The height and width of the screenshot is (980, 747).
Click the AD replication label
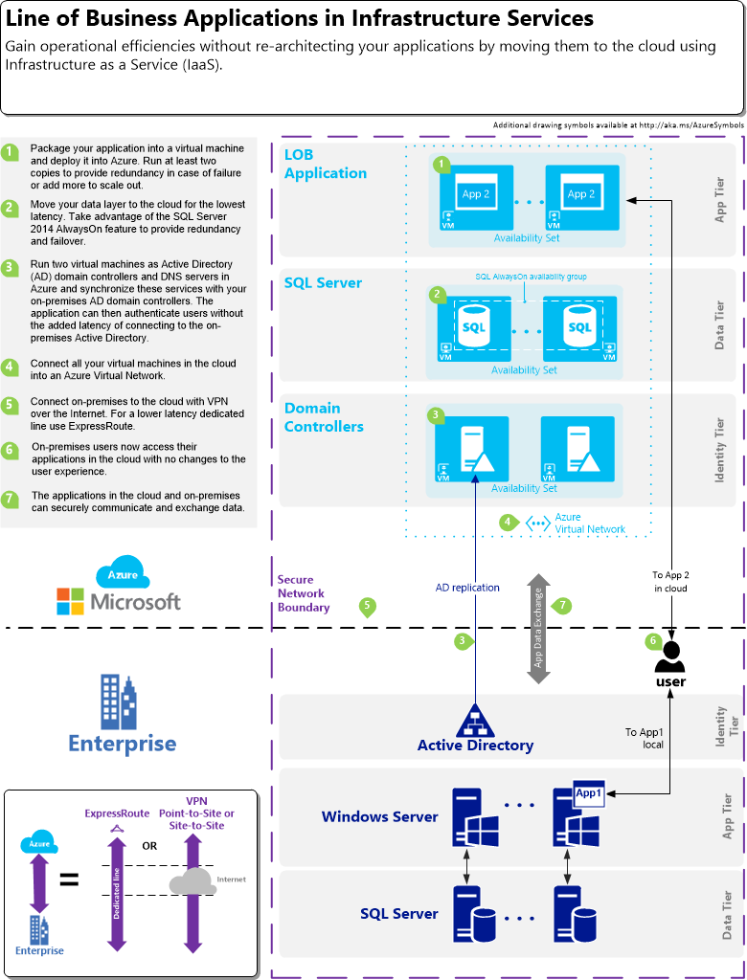click(467, 588)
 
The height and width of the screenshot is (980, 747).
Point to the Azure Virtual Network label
click(590, 523)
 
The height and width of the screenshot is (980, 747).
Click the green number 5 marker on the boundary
click(366, 607)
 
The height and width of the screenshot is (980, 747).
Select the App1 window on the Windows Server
click(587, 793)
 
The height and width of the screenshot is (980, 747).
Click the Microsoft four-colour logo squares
click(70, 601)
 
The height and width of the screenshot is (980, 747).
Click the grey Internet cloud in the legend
click(192, 879)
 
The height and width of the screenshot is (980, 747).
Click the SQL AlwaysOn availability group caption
click(531, 277)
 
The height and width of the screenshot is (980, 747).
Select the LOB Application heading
click(326, 164)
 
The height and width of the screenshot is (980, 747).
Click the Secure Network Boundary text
click(304, 593)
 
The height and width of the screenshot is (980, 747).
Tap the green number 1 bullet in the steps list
click(10, 153)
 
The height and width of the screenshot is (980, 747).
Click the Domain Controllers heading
click(324, 417)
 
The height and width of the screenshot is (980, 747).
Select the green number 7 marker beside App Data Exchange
click(563, 606)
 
